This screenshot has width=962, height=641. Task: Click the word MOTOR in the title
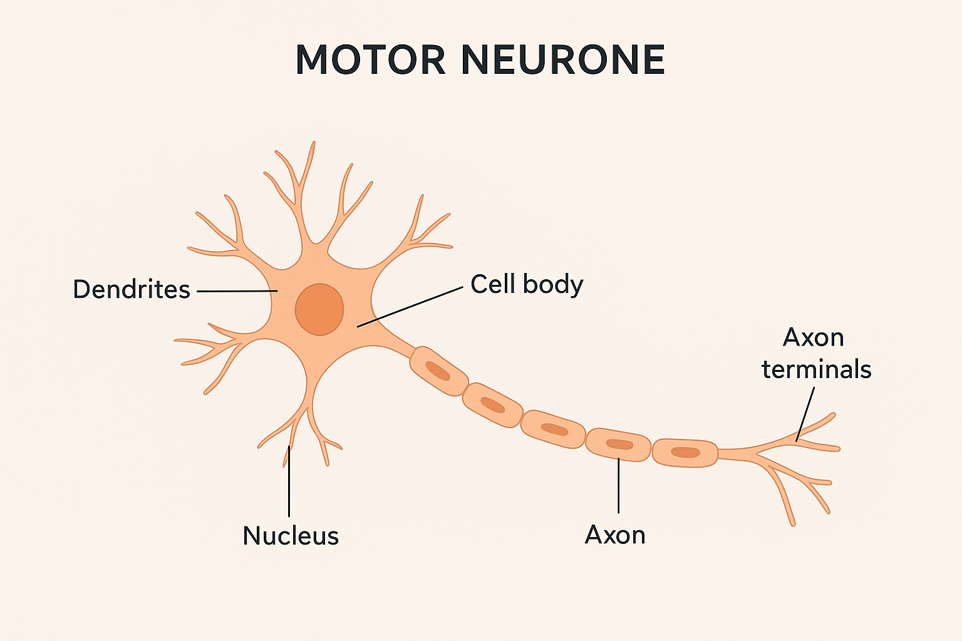tap(370, 60)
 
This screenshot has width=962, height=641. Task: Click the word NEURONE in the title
tap(563, 60)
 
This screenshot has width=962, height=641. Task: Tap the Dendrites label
tap(132, 289)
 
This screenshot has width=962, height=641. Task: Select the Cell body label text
tap(527, 284)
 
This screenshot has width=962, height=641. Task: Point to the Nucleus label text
tap(291, 536)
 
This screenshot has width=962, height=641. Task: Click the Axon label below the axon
tap(615, 535)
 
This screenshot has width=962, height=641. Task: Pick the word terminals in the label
tap(817, 369)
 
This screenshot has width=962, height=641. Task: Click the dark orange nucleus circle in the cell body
tap(319, 309)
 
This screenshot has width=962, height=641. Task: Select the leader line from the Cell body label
tap(410, 307)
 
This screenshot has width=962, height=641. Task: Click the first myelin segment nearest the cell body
tap(439, 371)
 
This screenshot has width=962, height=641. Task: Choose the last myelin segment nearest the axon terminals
tap(685, 453)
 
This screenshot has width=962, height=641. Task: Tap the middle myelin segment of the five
tap(554, 429)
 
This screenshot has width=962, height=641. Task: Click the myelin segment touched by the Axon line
tap(619, 444)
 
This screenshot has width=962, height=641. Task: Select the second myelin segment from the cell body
tap(493, 405)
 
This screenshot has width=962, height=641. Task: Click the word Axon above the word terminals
tap(814, 337)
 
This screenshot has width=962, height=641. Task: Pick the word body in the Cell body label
tap(554, 284)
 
